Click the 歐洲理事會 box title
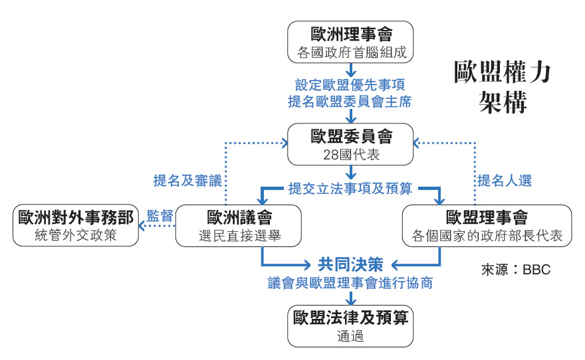click(x=350, y=34)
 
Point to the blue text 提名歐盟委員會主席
click(x=350, y=102)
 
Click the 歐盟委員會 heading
click(x=351, y=137)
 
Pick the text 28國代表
click(x=350, y=155)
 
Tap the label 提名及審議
click(x=187, y=180)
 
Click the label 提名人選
click(x=505, y=180)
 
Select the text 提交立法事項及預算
click(x=350, y=188)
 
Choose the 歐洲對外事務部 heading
click(x=76, y=217)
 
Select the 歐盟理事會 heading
click(x=487, y=217)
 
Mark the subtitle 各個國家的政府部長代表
click(x=487, y=236)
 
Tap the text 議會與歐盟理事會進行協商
click(x=350, y=283)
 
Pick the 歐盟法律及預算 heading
click(x=350, y=317)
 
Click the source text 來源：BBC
click(x=516, y=270)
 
